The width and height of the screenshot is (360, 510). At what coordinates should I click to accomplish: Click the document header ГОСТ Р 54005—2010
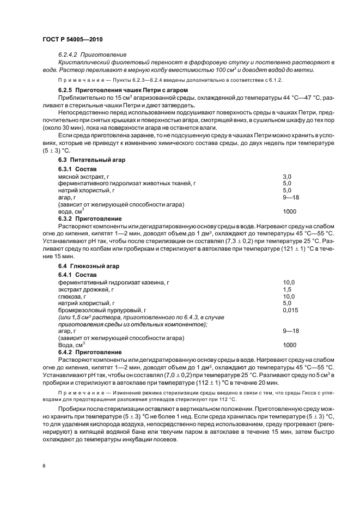(x=72, y=40)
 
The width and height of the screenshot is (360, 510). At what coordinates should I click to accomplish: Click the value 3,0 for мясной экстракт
(x=287, y=177)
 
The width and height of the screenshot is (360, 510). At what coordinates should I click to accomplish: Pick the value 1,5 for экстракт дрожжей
(x=287, y=289)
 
